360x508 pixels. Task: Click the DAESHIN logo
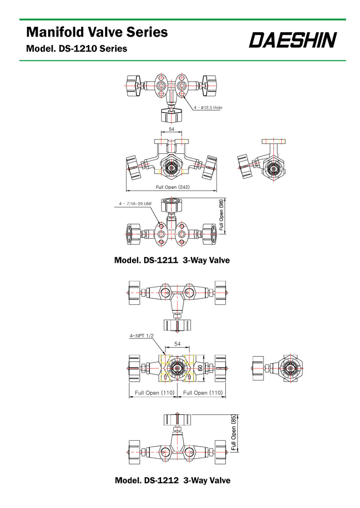293,40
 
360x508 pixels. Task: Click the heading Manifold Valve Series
97,32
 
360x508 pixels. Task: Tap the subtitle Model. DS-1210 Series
77,49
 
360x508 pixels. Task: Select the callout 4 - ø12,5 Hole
208,107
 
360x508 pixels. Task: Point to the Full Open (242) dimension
173,187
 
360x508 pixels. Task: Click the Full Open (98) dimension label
221,215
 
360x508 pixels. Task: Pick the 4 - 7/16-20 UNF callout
135,204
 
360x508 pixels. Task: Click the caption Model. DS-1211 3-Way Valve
172,260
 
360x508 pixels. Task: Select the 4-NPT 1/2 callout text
142,336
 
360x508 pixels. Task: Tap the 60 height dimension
201,368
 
